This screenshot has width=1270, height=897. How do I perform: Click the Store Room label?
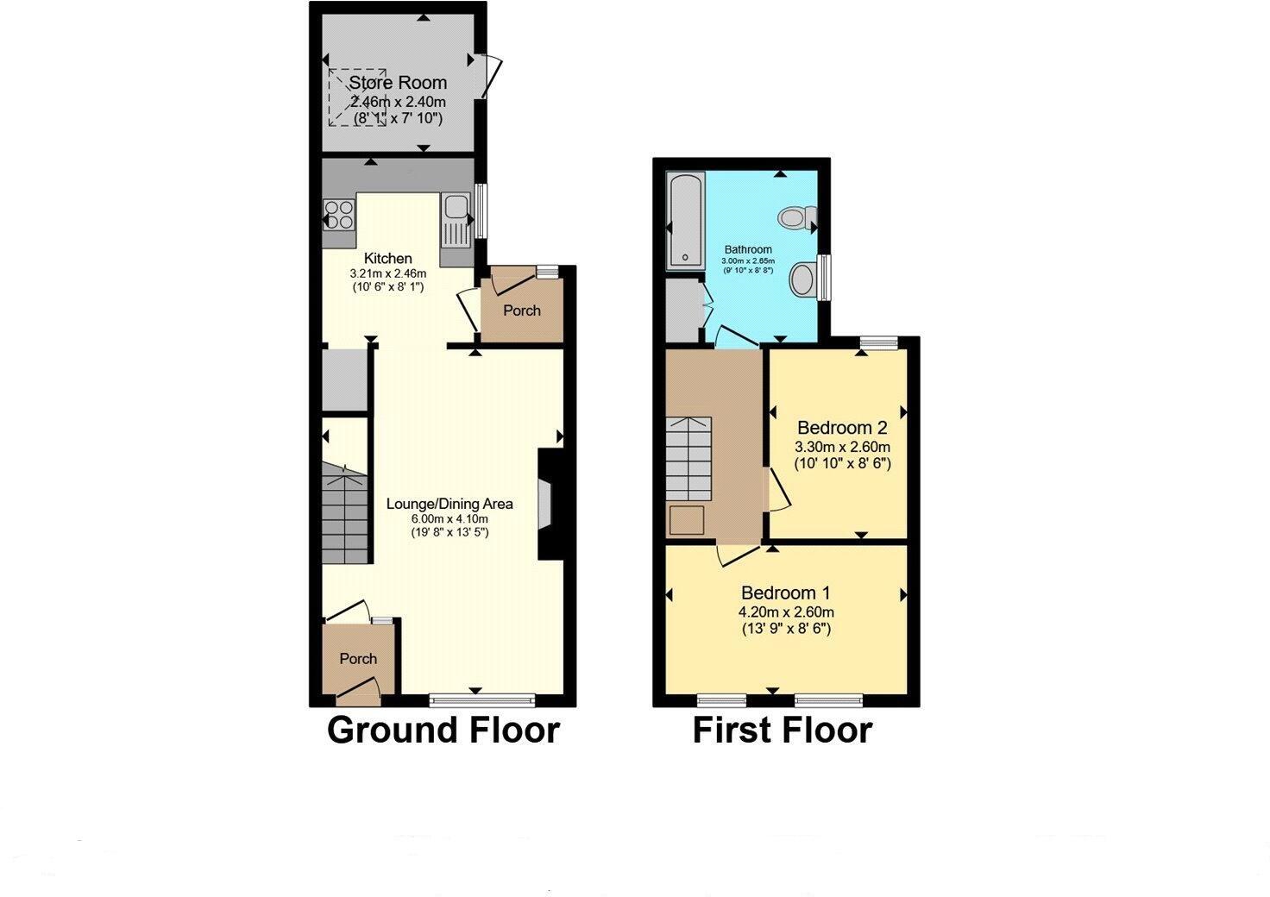pyautogui.click(x=398, y=83)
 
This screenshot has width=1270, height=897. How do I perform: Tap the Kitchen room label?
pyautogui.click(x=387, y=258)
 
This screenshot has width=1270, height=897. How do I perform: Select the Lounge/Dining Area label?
pyautogui.click(x=450, y=504)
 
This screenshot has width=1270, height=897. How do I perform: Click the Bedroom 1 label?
pyautogui.click(x=786, y=593)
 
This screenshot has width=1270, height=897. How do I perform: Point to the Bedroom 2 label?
pyautogui.click(x=842, y=427)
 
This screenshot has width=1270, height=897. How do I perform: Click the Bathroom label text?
pyautogui.click(x=748, y=249)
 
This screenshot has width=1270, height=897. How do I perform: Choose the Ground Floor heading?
pyautogui.click(x=443, y=730)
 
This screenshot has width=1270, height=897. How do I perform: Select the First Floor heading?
pyautogui.click(x=783, y=730)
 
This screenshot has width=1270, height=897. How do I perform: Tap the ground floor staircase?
pyautogui.click(x=344, y=513)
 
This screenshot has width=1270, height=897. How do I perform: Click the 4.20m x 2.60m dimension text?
pyautogui.click(x=786, y=612)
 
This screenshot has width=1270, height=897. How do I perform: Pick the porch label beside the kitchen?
pyautogui.click(x=522, y=310)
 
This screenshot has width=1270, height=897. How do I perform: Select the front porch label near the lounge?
pyautogui.click(x=358, y=658)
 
